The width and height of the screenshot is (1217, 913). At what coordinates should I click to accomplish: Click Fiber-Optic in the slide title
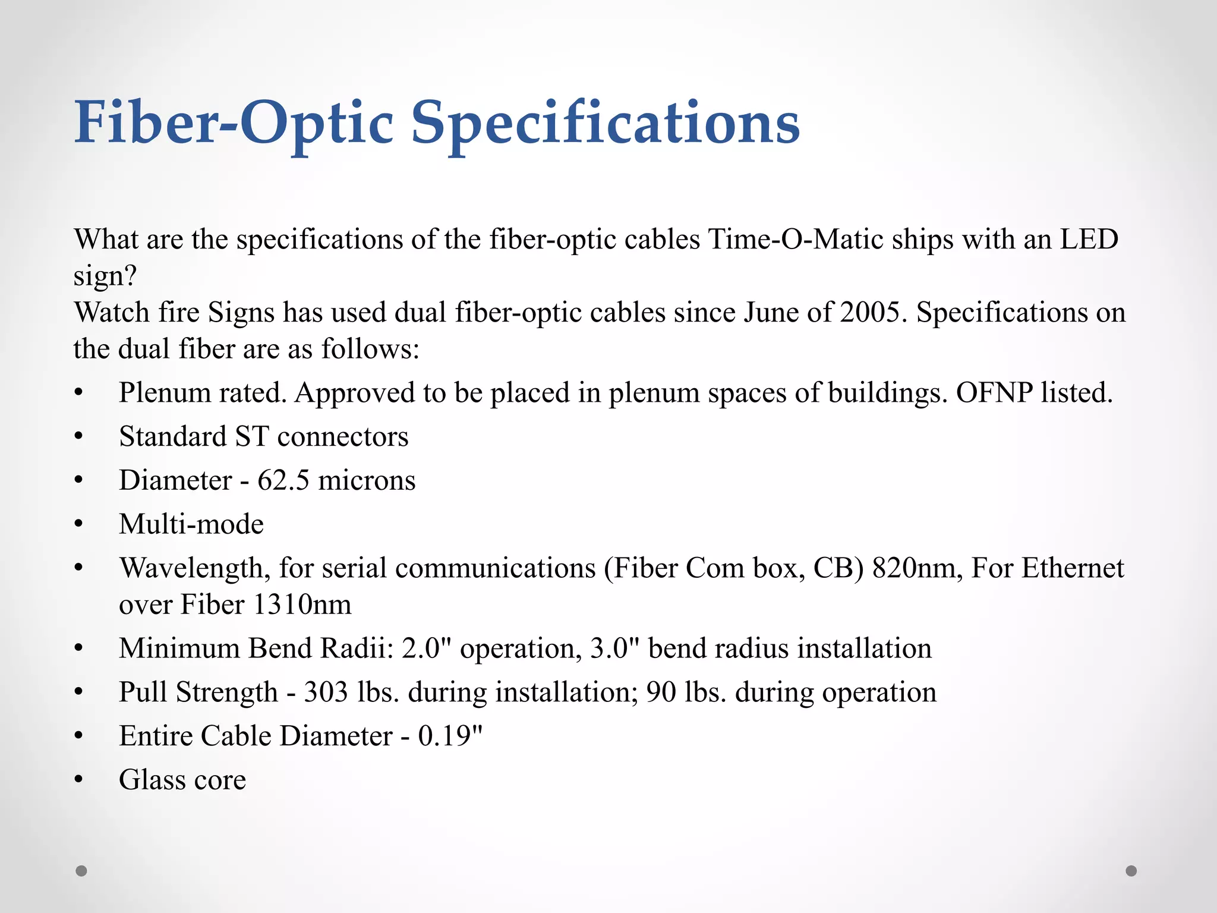[234, 124]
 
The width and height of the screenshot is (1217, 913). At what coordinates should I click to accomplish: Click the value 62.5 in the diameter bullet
[283, 480]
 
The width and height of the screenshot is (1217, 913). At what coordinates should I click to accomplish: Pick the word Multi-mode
[191, 524]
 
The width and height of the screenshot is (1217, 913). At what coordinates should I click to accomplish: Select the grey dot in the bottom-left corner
[81, 871]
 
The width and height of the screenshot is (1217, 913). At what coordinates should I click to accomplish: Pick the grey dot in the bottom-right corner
[1131, 871]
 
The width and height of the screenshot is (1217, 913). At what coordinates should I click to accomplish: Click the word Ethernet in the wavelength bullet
[1073, 568]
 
